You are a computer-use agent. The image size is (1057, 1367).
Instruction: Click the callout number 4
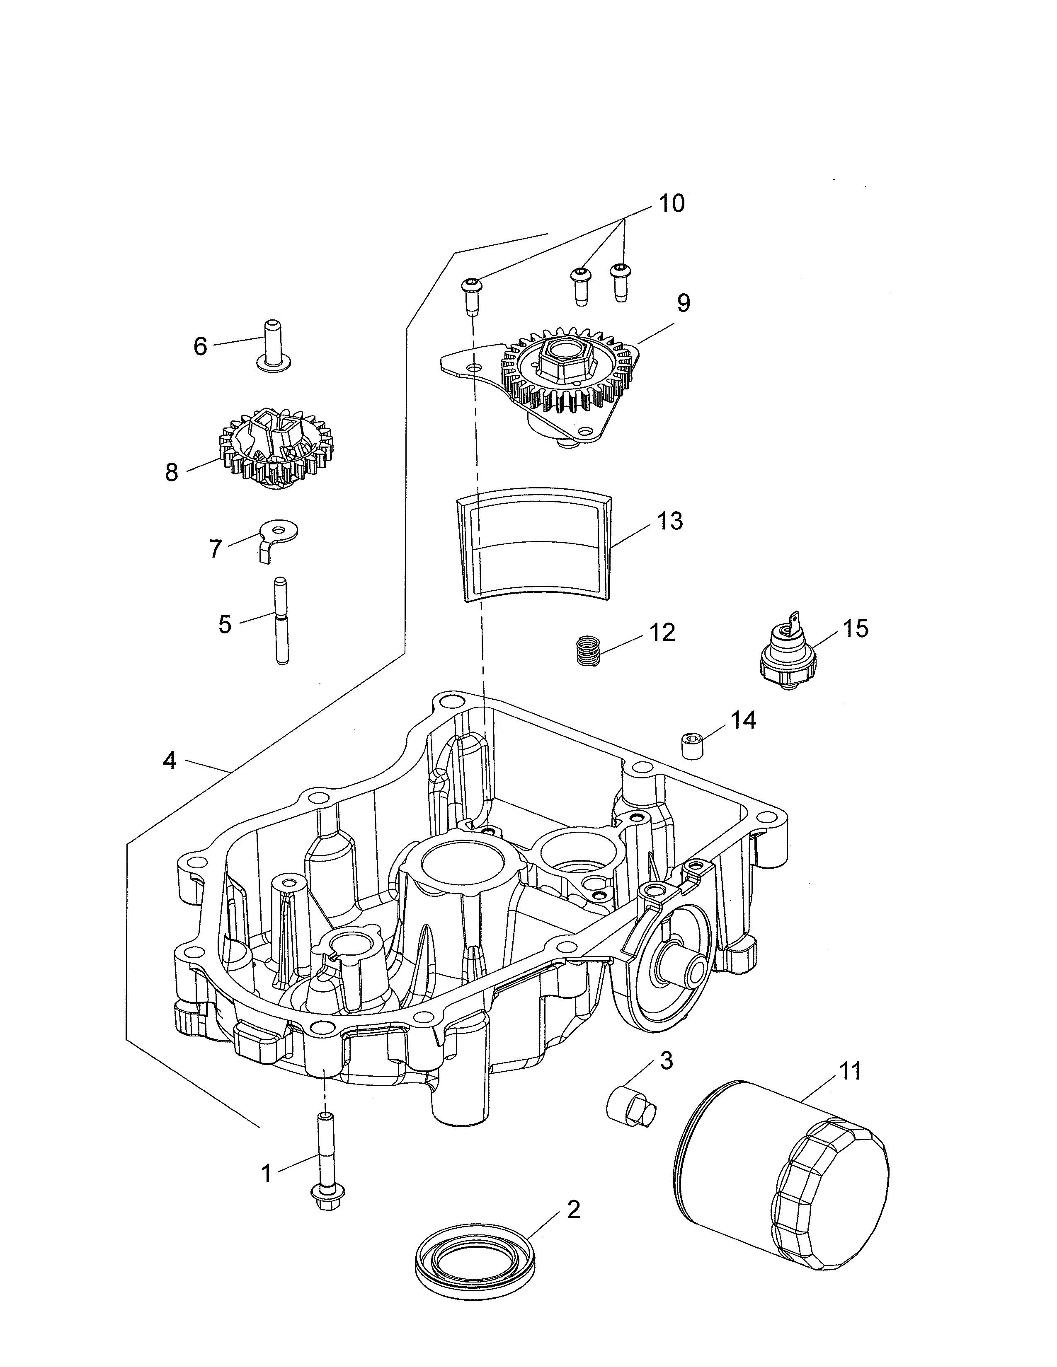click(x=169, y=761)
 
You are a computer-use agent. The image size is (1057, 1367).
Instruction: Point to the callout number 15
click(x=856, y=628)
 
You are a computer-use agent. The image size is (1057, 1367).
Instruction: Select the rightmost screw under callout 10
click(x=620, y=280)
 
